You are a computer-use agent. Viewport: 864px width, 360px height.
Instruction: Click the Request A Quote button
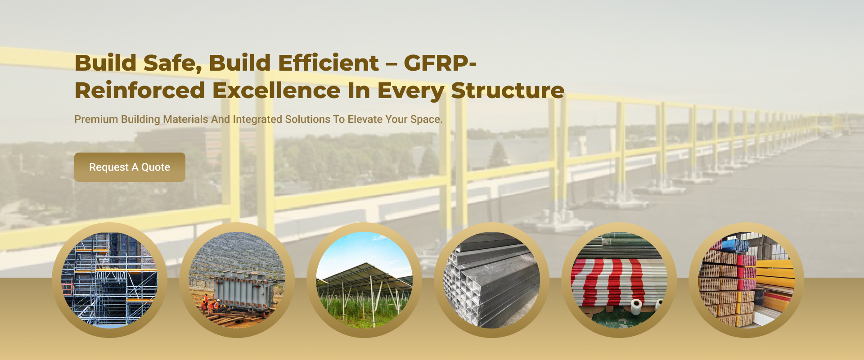[x=130, y=167]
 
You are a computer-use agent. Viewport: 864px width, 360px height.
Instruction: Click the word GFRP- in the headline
[x=440, y=63]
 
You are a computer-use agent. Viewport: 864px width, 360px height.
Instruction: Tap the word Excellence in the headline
[x=276, y=90]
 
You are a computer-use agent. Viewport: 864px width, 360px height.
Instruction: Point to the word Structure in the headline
[x=508, y=90]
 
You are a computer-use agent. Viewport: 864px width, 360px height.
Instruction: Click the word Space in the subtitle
[x=426, y=120]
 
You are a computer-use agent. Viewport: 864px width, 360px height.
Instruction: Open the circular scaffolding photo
[x=109, y=280]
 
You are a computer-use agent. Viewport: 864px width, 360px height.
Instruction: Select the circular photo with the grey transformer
[x=237, y=280]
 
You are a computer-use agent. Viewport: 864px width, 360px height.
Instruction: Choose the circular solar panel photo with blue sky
[x=364, y=280]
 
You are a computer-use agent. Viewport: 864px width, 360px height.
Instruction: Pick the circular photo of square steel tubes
[x=491, y=280]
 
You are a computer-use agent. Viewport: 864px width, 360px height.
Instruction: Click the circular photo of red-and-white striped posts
[x=619, y=280]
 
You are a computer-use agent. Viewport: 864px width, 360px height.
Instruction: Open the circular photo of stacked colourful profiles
[x=746, y=280]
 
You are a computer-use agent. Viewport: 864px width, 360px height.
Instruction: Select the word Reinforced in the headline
[x=140, y=90]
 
